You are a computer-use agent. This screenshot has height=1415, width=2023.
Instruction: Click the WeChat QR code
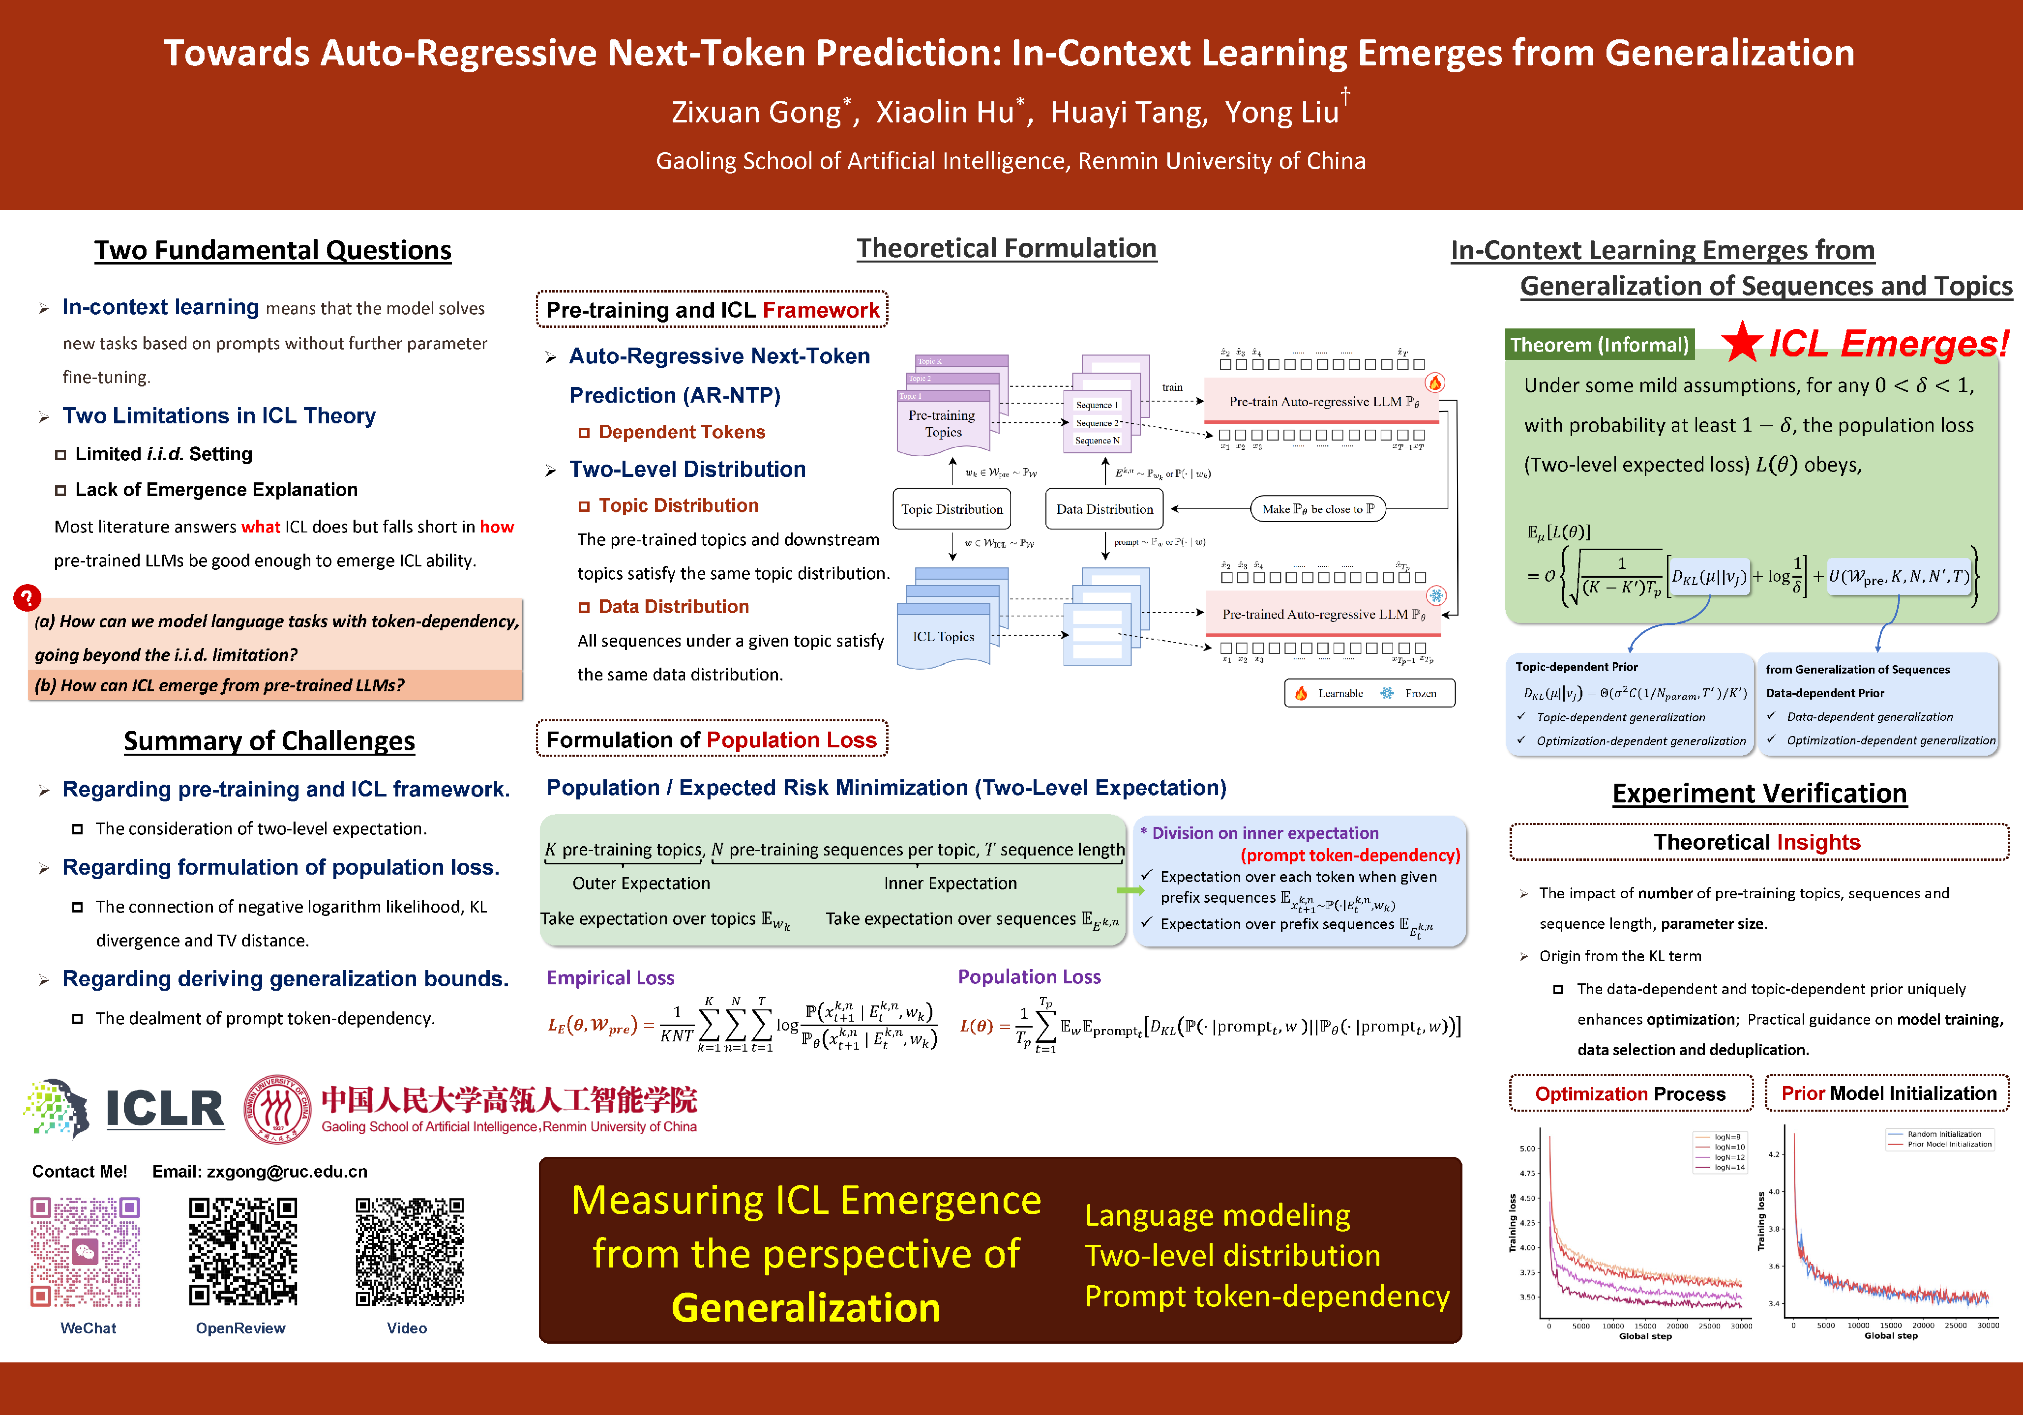pyautogui.click(x=86, y=1251)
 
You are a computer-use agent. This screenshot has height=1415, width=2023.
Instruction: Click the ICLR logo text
pyautogui.click(x=165, y=1108)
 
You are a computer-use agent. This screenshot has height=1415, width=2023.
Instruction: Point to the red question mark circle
pyautogui.click(x=28, y=598)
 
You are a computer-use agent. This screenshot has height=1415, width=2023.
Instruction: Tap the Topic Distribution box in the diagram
pyautogui.click(x=952, y=509)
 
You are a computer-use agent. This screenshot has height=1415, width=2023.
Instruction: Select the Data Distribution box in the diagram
pyautogui.click(x=1104, y=509)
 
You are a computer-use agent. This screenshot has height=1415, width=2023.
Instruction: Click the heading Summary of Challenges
pyautogui.click(x=269, y=741)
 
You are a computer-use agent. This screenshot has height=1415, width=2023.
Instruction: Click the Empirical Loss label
pyautogui.click(x=610, y=978)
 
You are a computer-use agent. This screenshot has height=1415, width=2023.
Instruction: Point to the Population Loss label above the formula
pyautogui.click(x=1029, y=977)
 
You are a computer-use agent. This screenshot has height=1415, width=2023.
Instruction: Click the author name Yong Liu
pyautogui.click(x=1282, y=113)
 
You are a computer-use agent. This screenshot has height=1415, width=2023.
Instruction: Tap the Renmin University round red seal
pyautogui.click(x=277, y=1108)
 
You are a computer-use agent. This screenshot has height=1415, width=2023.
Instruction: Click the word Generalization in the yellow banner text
pyautogui.click(x=805, y=1307)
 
